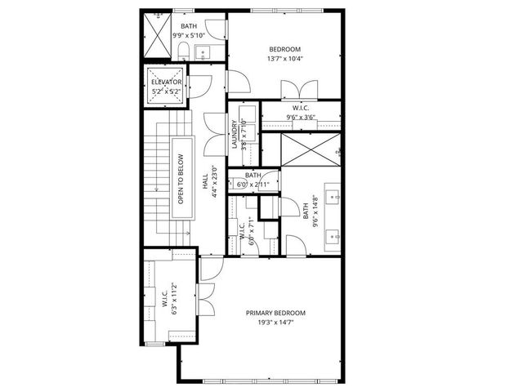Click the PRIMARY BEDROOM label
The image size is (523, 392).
(x=275, y=313)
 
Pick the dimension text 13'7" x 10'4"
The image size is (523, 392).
(x=284, y=59)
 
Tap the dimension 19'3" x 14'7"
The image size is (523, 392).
(x=275, y=323)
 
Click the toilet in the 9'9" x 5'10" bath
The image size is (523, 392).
(x=184, y=52)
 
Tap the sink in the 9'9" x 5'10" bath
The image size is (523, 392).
(x=204, y=53)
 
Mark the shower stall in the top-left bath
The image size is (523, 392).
(x=157, y=37)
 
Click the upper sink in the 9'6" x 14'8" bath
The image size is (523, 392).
(x=333, y=196)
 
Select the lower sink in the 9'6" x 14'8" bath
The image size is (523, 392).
(x=333, y=237)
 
